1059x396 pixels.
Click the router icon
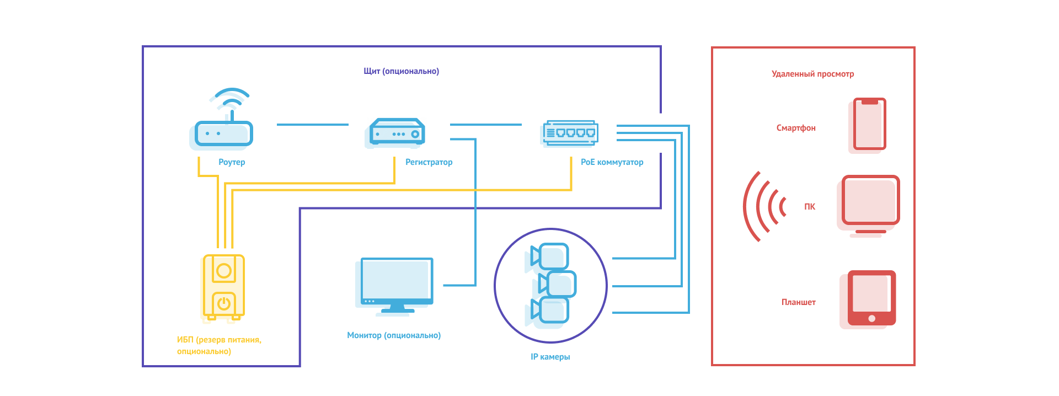coord(223,132)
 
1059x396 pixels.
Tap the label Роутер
coord(232,162)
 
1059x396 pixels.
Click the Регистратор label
coord(429,162)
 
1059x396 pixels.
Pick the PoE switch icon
coord(570,133)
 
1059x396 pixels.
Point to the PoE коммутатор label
coord(612,162)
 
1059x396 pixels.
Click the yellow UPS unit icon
coord(223,287)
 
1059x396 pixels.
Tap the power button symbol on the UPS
coord(223,303)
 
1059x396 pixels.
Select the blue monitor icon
coord(397,284)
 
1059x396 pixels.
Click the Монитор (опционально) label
coord(394,335)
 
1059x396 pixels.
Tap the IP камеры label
coord(550,357)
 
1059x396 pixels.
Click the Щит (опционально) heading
coord(401,71)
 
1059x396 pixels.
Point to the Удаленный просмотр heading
coord(812,74)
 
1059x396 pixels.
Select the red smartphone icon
coord(869,124)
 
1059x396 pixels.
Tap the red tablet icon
coord(871,298)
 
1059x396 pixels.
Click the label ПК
coord(809,207)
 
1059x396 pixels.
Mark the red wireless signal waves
coord(764,207)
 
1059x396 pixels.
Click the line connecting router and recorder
coord(312,125)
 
